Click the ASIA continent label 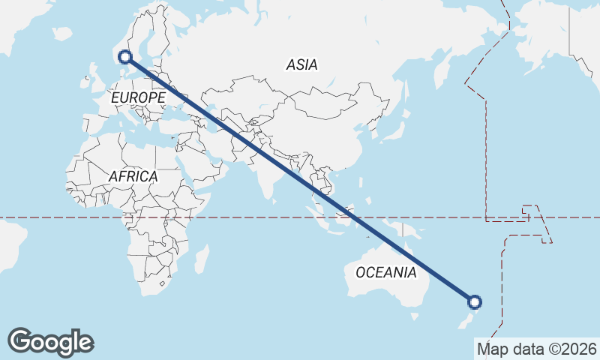pos(301,65)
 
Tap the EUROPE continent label pos(137,98)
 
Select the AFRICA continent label pos(133,176)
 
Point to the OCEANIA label pos(385,272)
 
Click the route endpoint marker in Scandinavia pos(125,56)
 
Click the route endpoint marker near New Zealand pos(474,302)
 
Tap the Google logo pos(50,341)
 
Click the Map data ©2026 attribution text pos(537,349)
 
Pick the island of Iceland pos(62,34)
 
